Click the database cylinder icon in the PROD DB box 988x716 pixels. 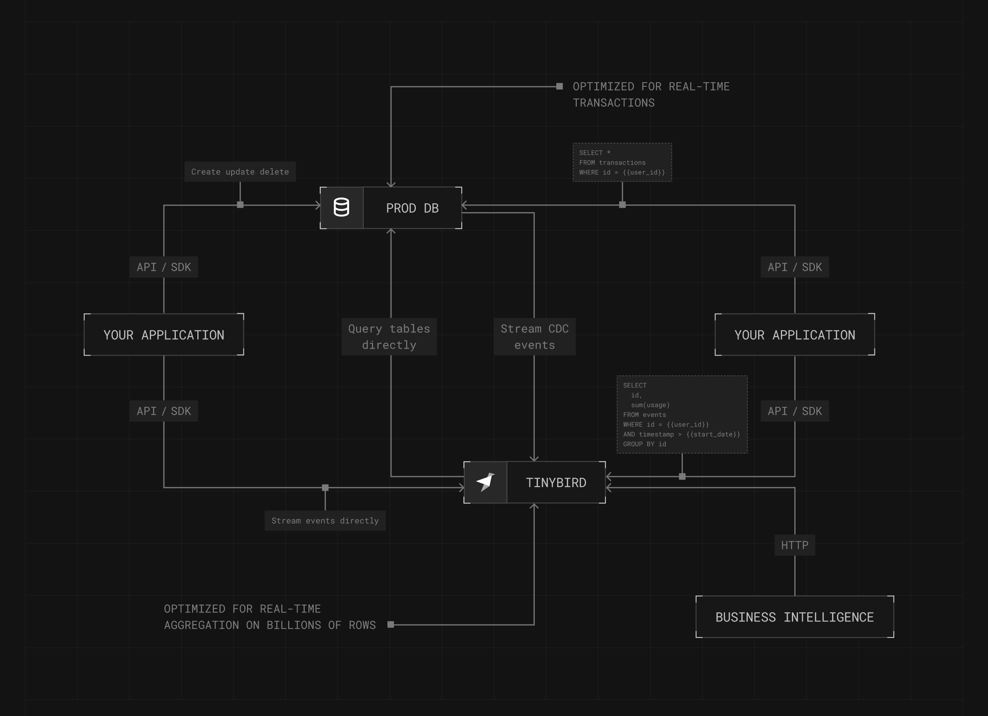341,208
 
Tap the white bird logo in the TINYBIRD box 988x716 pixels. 485,482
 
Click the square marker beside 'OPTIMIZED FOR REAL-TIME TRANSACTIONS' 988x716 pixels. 560,86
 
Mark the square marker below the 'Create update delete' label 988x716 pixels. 240,205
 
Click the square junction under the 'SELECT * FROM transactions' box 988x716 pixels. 622,205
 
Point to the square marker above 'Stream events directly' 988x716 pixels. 325,488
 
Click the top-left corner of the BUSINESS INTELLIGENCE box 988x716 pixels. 696,596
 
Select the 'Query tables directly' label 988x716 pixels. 389,337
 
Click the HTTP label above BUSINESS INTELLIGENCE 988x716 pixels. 795,545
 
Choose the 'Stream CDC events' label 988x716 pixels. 535,337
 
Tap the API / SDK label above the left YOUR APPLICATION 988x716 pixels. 164,267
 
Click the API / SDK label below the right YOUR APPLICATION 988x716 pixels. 795,411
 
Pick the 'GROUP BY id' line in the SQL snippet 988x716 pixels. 644,444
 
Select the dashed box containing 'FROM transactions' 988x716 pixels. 622,162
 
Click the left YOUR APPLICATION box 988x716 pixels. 164,334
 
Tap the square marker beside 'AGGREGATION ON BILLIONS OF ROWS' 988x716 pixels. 391,624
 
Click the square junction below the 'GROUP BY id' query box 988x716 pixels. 682,477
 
